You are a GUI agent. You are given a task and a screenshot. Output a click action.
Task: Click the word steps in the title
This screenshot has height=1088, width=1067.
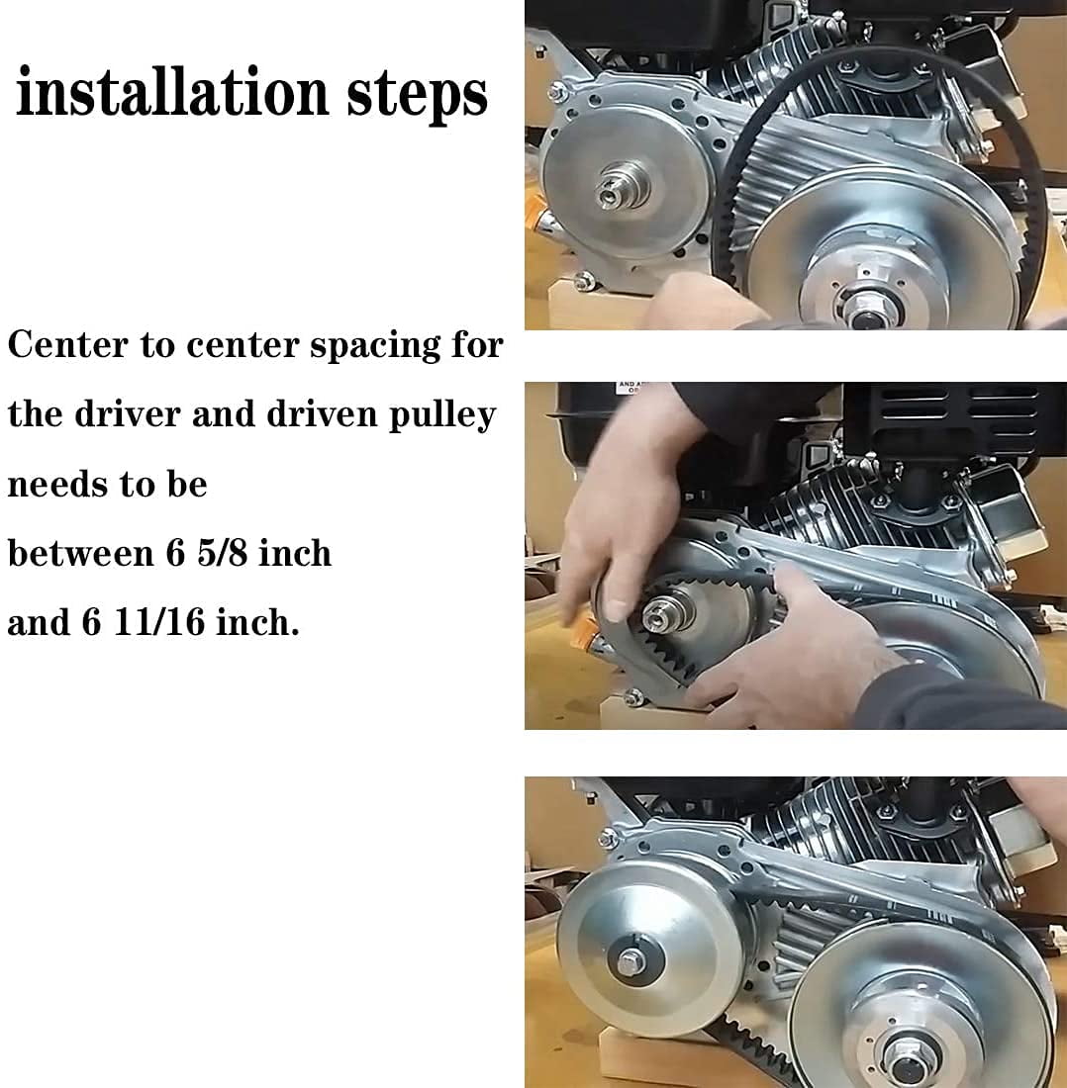418,96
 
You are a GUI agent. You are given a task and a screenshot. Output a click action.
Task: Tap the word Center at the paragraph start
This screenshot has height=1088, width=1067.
68,344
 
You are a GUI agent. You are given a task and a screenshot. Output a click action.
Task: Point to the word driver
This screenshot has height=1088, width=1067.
127,414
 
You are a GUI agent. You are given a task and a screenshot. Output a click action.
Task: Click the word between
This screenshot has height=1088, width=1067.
81,553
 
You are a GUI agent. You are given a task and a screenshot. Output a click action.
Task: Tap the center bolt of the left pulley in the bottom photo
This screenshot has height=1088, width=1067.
631,961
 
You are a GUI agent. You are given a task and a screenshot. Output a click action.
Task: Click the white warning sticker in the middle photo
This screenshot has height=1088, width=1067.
632,387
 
